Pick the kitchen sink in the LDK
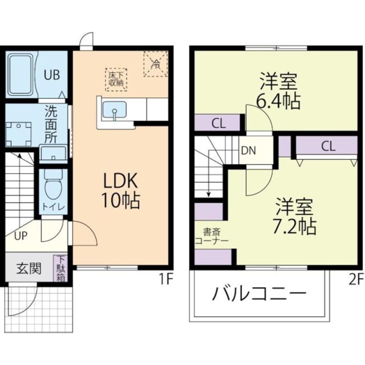tap(114, 110)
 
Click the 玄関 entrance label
tap(29, 269)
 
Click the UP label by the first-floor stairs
tap(21, 236)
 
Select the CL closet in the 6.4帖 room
tap(218, 123)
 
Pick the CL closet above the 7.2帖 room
tap(327, 146)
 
